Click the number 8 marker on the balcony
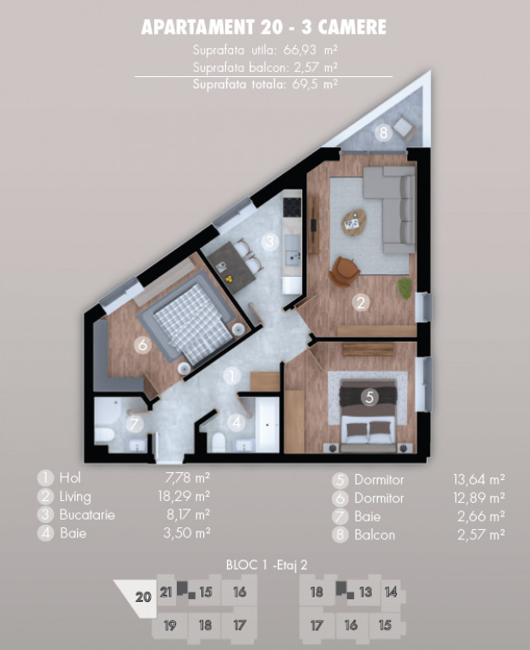click(x=384, y=134)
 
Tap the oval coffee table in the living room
click(x=354, y=223)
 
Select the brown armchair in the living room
click(x=344, y=272)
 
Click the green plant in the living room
click(x=405, y=289)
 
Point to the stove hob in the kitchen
click(x=291, y=207)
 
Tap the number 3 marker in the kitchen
click(x=269, y=241)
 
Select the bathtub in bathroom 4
click(x=268, y=425)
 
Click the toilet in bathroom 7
click(x=104, y=436)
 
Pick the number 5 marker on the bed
click(x=369, y=397)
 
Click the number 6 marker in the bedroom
click(x=142, y=344)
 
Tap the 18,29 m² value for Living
click(x=184, y=496)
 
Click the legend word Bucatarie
click(x=87, y=515)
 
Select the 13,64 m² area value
click(x=479, y=480)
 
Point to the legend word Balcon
click(x=374, y=535)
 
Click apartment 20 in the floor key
click(x=143, y=597)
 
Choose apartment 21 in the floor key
click(x=166, y=592)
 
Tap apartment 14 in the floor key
click(x=390, y=592)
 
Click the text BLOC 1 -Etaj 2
click(x=267, y=565)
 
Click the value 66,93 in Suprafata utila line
click(x=300, y=50)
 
